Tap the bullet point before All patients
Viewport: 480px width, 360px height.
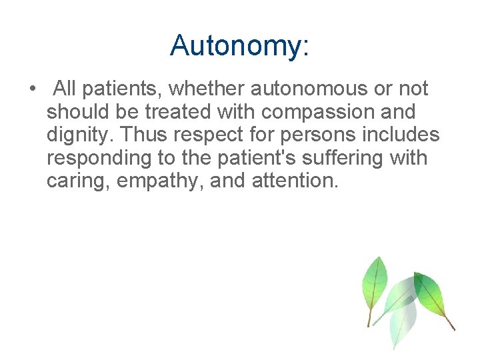32,89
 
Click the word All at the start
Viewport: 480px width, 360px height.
65,88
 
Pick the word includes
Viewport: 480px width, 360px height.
401,135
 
